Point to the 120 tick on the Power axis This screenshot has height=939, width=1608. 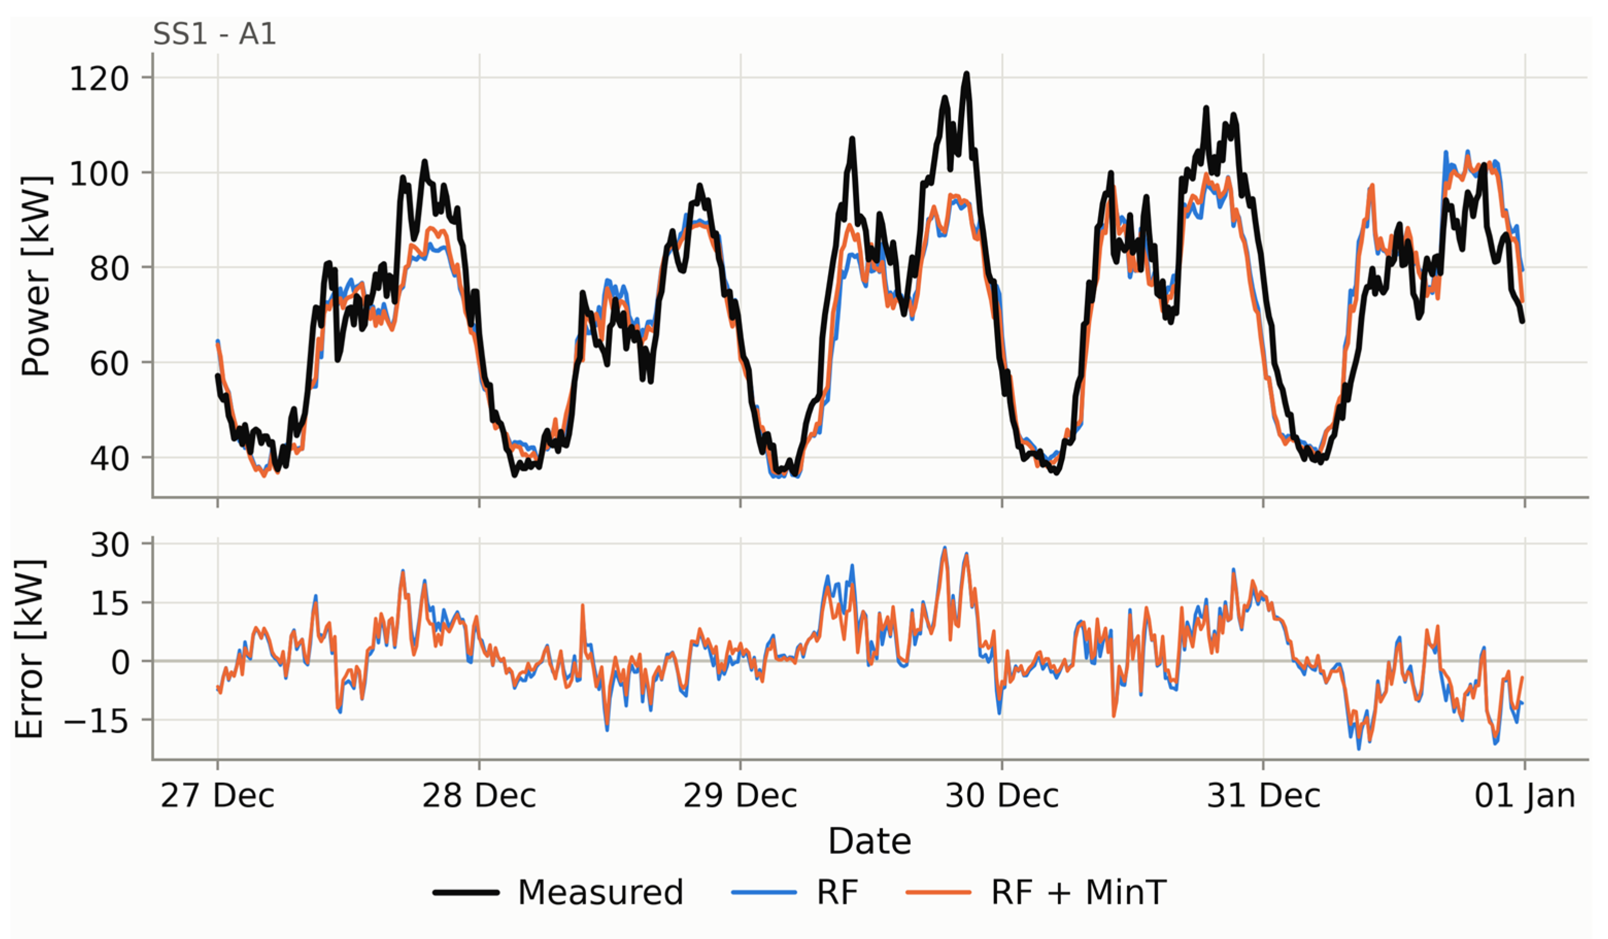coord(99,79)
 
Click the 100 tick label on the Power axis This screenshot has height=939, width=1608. coord(99,174)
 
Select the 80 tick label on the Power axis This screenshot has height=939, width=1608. coord(109,269)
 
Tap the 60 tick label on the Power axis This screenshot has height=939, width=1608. coord(109,364)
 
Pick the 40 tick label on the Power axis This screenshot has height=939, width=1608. coord(109,459)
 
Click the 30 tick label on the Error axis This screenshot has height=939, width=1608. coord(110,545)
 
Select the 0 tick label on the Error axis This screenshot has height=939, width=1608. coord(120,663)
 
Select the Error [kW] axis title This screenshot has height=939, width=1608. coord(29,649)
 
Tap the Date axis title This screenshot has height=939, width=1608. coord(869,841)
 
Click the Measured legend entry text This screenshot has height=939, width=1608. coord(601,892)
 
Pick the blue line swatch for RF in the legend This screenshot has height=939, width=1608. coord(764,892)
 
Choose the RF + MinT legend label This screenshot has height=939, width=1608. coord(1079,892)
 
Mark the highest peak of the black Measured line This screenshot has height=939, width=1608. coord(966,74)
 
